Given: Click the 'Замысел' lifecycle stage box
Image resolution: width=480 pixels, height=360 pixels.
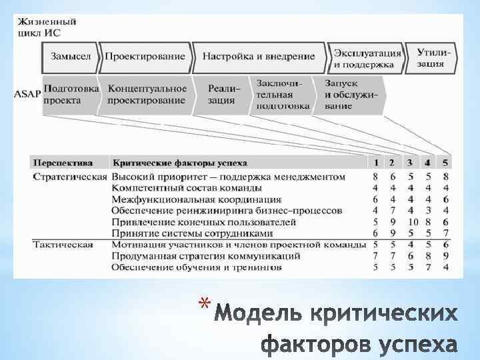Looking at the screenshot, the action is tap(71, 57).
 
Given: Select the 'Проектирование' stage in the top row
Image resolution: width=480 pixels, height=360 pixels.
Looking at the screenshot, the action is tap(145, 57).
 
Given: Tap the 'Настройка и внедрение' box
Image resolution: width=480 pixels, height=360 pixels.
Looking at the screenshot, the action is tap(259, 57).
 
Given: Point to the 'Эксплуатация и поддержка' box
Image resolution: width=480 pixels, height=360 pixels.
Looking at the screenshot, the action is tap(367, 58).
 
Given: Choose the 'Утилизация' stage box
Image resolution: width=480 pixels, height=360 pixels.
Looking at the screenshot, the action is tap(434, 57).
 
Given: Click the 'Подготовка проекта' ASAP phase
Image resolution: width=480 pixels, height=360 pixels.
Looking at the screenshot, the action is tap(71, 94).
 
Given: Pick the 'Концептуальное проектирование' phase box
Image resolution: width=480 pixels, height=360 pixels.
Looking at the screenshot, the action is tap(147, 94).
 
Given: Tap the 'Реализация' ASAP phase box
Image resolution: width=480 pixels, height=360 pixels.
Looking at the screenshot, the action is tap(222, 94).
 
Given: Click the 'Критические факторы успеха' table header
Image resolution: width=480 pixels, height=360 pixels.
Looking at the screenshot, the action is tap(180, 162).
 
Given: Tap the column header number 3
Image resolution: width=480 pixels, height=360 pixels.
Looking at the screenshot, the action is tap(409, 162).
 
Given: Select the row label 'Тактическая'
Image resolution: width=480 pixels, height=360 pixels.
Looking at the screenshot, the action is tap(63, 245).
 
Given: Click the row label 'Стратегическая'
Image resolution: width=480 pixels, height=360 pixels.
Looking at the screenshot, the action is tap(69, 177).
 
